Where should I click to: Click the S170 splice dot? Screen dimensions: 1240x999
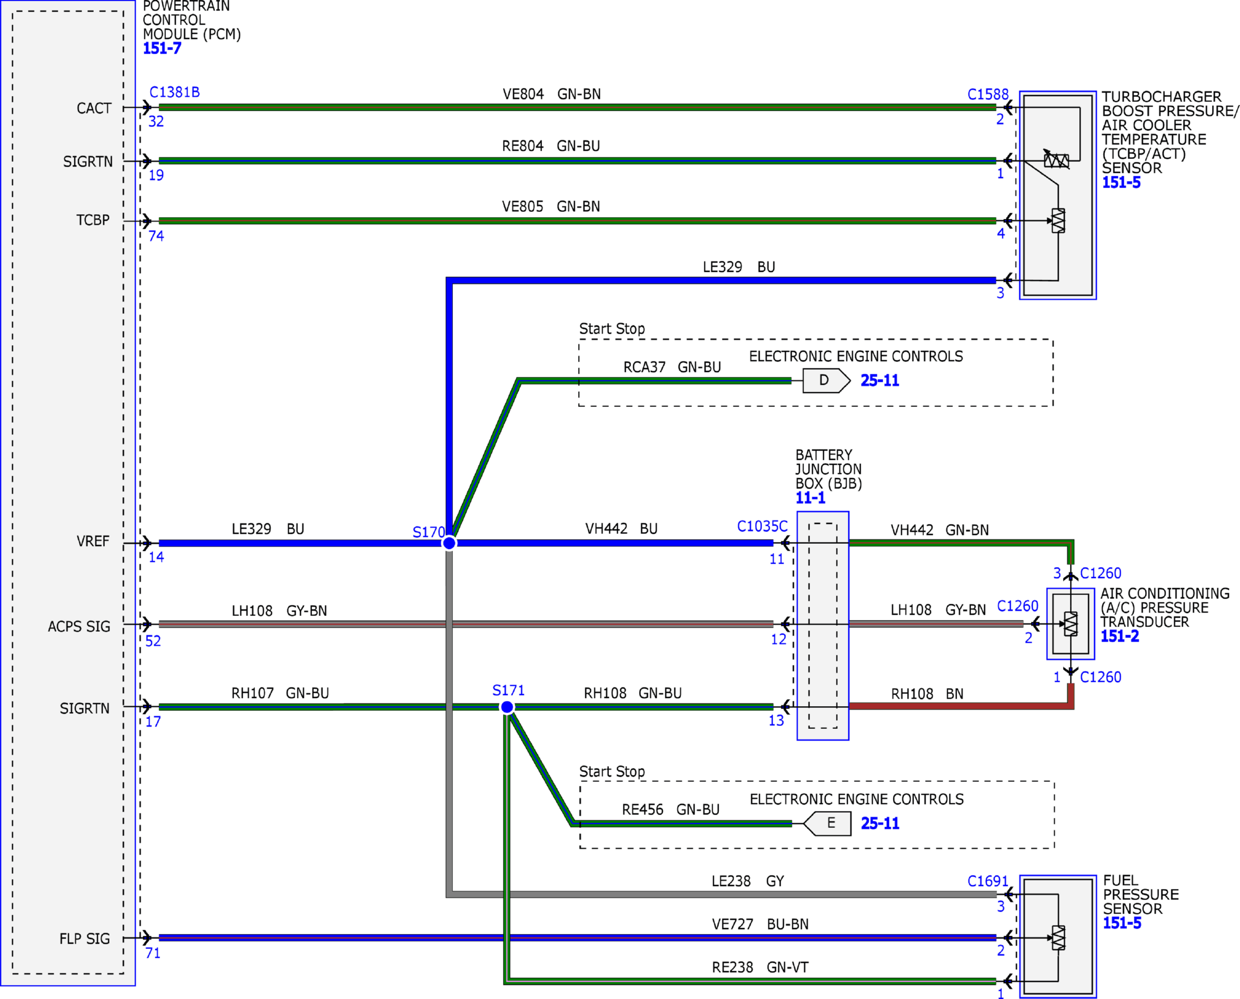[x=449, y=543]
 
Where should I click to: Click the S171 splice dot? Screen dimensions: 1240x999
[x=507, y=707]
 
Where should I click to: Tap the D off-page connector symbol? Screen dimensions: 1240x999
[x=826, y=381]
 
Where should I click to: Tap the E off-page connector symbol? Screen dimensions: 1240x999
[x=827, y=823]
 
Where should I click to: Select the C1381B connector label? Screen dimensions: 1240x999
[x=175, y=92]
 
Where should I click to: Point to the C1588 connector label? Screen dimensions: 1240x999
[x=987, y=94]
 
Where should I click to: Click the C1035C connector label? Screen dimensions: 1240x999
[x=762, y=526]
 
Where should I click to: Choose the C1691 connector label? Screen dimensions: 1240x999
[x=987, y=881]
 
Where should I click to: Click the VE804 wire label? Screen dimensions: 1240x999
[x=523, y=94]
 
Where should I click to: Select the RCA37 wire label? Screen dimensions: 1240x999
[x=644, y=367]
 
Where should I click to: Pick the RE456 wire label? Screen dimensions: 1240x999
[x=642, y=809]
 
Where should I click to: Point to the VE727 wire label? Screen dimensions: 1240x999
[x=732, y=924]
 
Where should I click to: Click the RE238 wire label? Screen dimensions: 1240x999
[x=732, y=967]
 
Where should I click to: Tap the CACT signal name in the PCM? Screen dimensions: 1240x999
[x=94, y=108]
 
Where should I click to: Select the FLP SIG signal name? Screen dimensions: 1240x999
[x=84, y=938]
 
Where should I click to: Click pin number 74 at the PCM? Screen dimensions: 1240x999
[x=156, y=236]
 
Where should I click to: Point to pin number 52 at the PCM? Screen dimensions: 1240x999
[x=153, y=641]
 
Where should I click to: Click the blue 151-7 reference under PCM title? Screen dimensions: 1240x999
[x=162, y=48]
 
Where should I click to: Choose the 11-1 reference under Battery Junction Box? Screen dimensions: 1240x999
[x=810, y=498]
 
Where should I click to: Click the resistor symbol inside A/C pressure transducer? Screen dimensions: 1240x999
[x=1070, y=624]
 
